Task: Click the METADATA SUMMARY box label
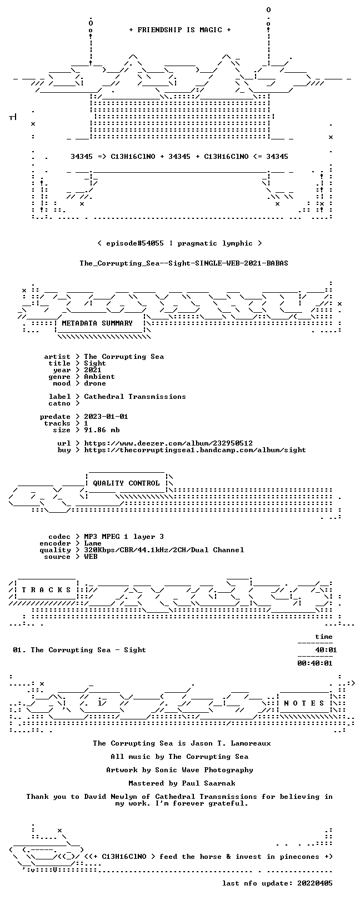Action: pos(97,323)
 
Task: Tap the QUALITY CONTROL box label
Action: pos(126,483)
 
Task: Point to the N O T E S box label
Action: pos(304,703)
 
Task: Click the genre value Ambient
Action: pos(99,377)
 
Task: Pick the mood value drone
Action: pos(95,383)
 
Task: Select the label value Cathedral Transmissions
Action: pos(134,397)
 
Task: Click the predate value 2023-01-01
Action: pos(106,417)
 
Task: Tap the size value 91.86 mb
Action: pos(102,430)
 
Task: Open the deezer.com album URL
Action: pos(168,443)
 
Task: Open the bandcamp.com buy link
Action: pos(195,450)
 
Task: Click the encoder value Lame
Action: pos(92,543)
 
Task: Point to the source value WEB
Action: pos(91,557)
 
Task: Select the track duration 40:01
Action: pos(326,649)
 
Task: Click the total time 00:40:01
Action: pos(315,663)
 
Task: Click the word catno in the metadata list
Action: pos(59,403)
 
